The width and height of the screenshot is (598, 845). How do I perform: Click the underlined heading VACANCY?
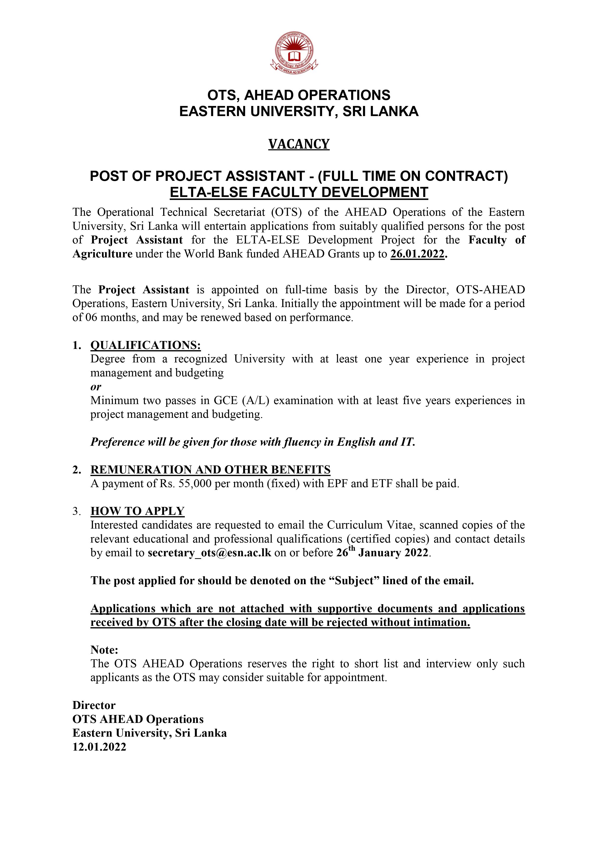[299, 144]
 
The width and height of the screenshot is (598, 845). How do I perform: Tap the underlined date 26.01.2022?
[417, 254]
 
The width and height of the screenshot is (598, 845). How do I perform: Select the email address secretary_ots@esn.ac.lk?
[209, 553]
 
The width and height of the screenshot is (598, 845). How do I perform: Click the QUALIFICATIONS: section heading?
[146, 345]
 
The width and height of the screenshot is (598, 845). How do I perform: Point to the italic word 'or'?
[96, 387]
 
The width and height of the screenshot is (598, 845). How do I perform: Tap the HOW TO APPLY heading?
[137, 511]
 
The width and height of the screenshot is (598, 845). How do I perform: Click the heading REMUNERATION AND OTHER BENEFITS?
[210, 470]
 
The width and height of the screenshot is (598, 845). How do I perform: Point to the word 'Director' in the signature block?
[94, 705]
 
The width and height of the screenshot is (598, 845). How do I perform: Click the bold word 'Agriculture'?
[102, 254]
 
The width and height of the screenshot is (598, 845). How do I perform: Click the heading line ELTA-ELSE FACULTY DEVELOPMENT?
[299, 192]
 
